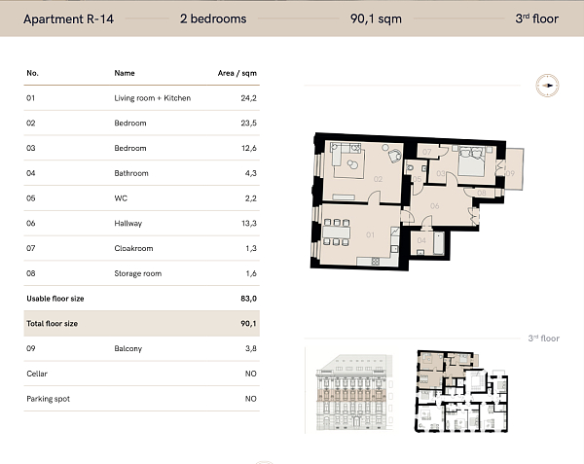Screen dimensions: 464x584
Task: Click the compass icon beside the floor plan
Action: click(548, 86)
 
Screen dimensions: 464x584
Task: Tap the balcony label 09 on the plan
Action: click(511, 172)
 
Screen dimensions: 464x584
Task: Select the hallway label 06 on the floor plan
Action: click(434, 205)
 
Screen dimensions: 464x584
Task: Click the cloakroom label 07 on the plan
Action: click(427, 149)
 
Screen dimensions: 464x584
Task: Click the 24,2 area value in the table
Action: click(248, 98)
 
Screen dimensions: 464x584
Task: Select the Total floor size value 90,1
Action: click(248, 323)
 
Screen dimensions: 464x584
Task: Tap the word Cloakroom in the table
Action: click(131, 248)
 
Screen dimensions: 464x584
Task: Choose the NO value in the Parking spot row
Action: click(250, 399)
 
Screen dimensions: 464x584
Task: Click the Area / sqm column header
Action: click(237, 73)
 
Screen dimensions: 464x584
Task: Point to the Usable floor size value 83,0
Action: click(248, 298)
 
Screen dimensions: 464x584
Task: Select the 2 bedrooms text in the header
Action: click(213, 18)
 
